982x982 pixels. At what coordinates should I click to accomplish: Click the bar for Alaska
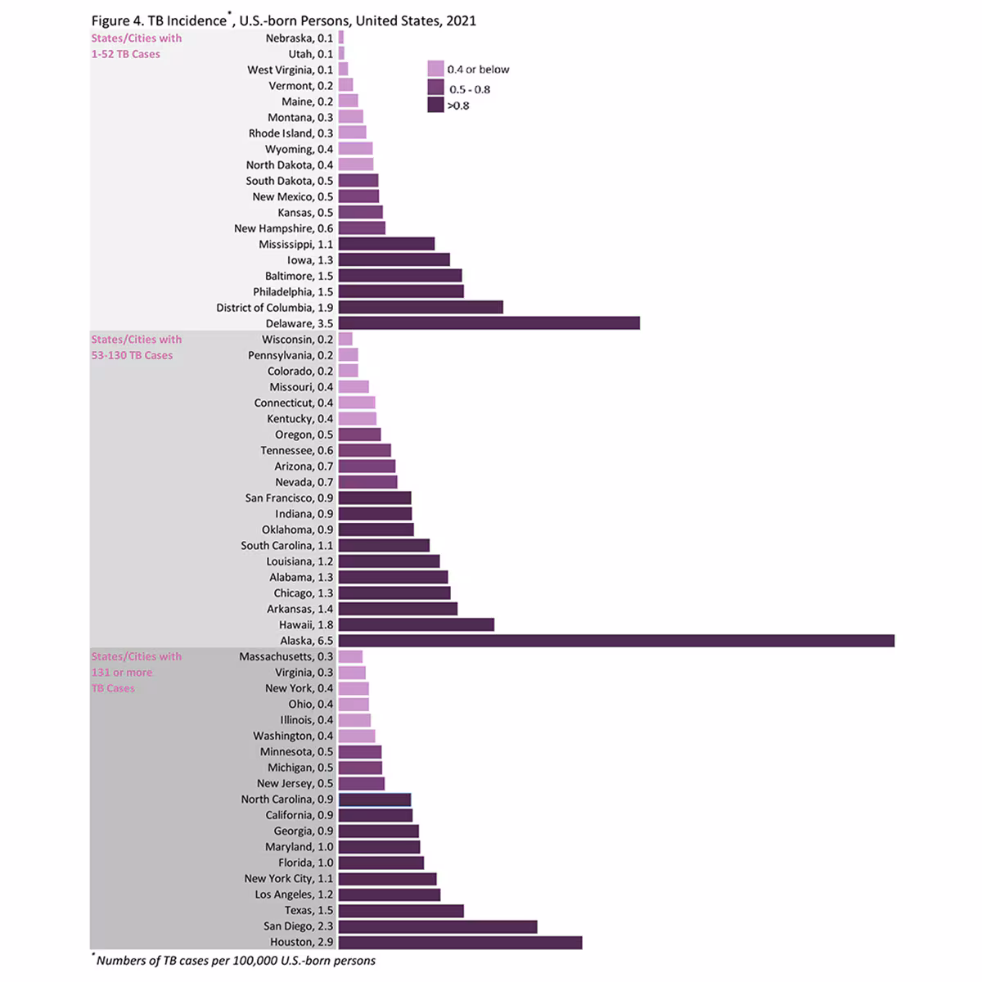coord(615,641)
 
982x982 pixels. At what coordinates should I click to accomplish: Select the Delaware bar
coord(489,323)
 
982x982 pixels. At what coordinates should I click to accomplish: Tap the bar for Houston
coord(460,942)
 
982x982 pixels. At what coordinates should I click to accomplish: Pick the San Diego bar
coord(438,926)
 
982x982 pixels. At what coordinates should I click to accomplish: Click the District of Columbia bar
coord(421,308)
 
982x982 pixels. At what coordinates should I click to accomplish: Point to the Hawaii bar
coord(416,625)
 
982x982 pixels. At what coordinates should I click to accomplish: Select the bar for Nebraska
coord(341,38)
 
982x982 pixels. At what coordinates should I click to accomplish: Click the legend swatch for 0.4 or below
coord(435,69)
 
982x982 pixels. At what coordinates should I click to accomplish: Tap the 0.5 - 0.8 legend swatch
coord(435,88)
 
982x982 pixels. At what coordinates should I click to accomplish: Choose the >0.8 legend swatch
coord(435,105)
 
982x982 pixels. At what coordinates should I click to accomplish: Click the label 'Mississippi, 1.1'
coord(295,245)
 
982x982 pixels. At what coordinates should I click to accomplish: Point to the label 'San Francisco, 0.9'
coord(289,498)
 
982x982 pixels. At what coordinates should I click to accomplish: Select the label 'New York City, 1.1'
coord(288,879)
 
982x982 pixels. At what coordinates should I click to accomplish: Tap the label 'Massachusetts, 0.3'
coord(286,657)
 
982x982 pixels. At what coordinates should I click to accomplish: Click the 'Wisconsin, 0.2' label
coord(297,340)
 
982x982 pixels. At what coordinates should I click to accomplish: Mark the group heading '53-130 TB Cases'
coord(132,355)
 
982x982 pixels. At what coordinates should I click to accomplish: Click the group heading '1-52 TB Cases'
coord(125,54)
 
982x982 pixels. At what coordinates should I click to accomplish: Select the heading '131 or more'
coord(121,673)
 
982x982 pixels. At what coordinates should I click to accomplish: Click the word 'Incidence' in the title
coord(196,20)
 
